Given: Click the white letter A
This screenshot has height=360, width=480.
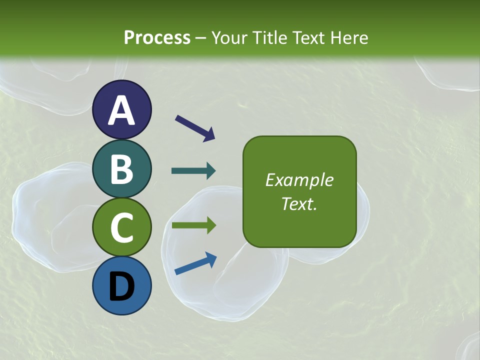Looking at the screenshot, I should pyautogui.click(x=122, y=110).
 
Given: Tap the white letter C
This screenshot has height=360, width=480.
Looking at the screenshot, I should pyautogui.click(x=122, y=227).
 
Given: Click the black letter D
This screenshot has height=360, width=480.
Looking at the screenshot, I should pyautogui.click(x=122, y=287).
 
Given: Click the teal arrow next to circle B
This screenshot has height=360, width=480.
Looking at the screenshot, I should pyautogui.click(x=193, y=171).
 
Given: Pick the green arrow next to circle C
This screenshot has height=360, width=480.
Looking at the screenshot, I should pyautogui.click(x=193, y=225).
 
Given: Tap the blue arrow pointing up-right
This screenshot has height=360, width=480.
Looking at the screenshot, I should pyautogui.click(x=195, y=263).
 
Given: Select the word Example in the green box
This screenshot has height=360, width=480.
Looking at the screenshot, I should pyautogui.click(x=299, y=180).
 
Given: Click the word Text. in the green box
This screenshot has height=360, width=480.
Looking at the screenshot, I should pyautogui.click(x=299, y=203).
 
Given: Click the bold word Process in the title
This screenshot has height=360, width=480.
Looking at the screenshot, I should pyautogui.click(x=157, y=38).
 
